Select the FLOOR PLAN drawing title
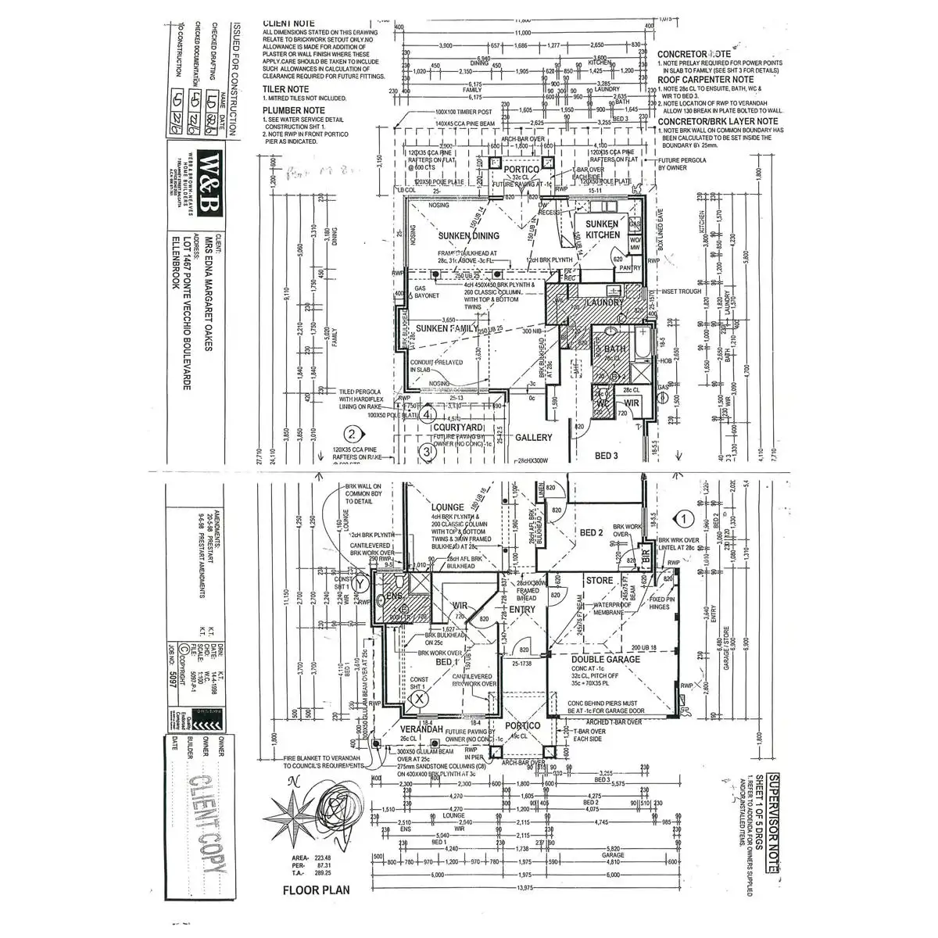pyautogui.click(x=315, y=889)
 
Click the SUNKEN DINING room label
pyautogui.click(x=469, y=235)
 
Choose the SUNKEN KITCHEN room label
pyautogui.click(x=603, y=229)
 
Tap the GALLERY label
pyautogui.click(x=532, y=438)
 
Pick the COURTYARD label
pyautogui.click(x=460, y=428)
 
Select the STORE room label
pyautogui.click(x=600, y=580)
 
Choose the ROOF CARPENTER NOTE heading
pyautogui.click(x=705, y=80)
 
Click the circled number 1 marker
pyautogui.click(x=684, y=517)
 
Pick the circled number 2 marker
pyautogui.click(x=353, y=435)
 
